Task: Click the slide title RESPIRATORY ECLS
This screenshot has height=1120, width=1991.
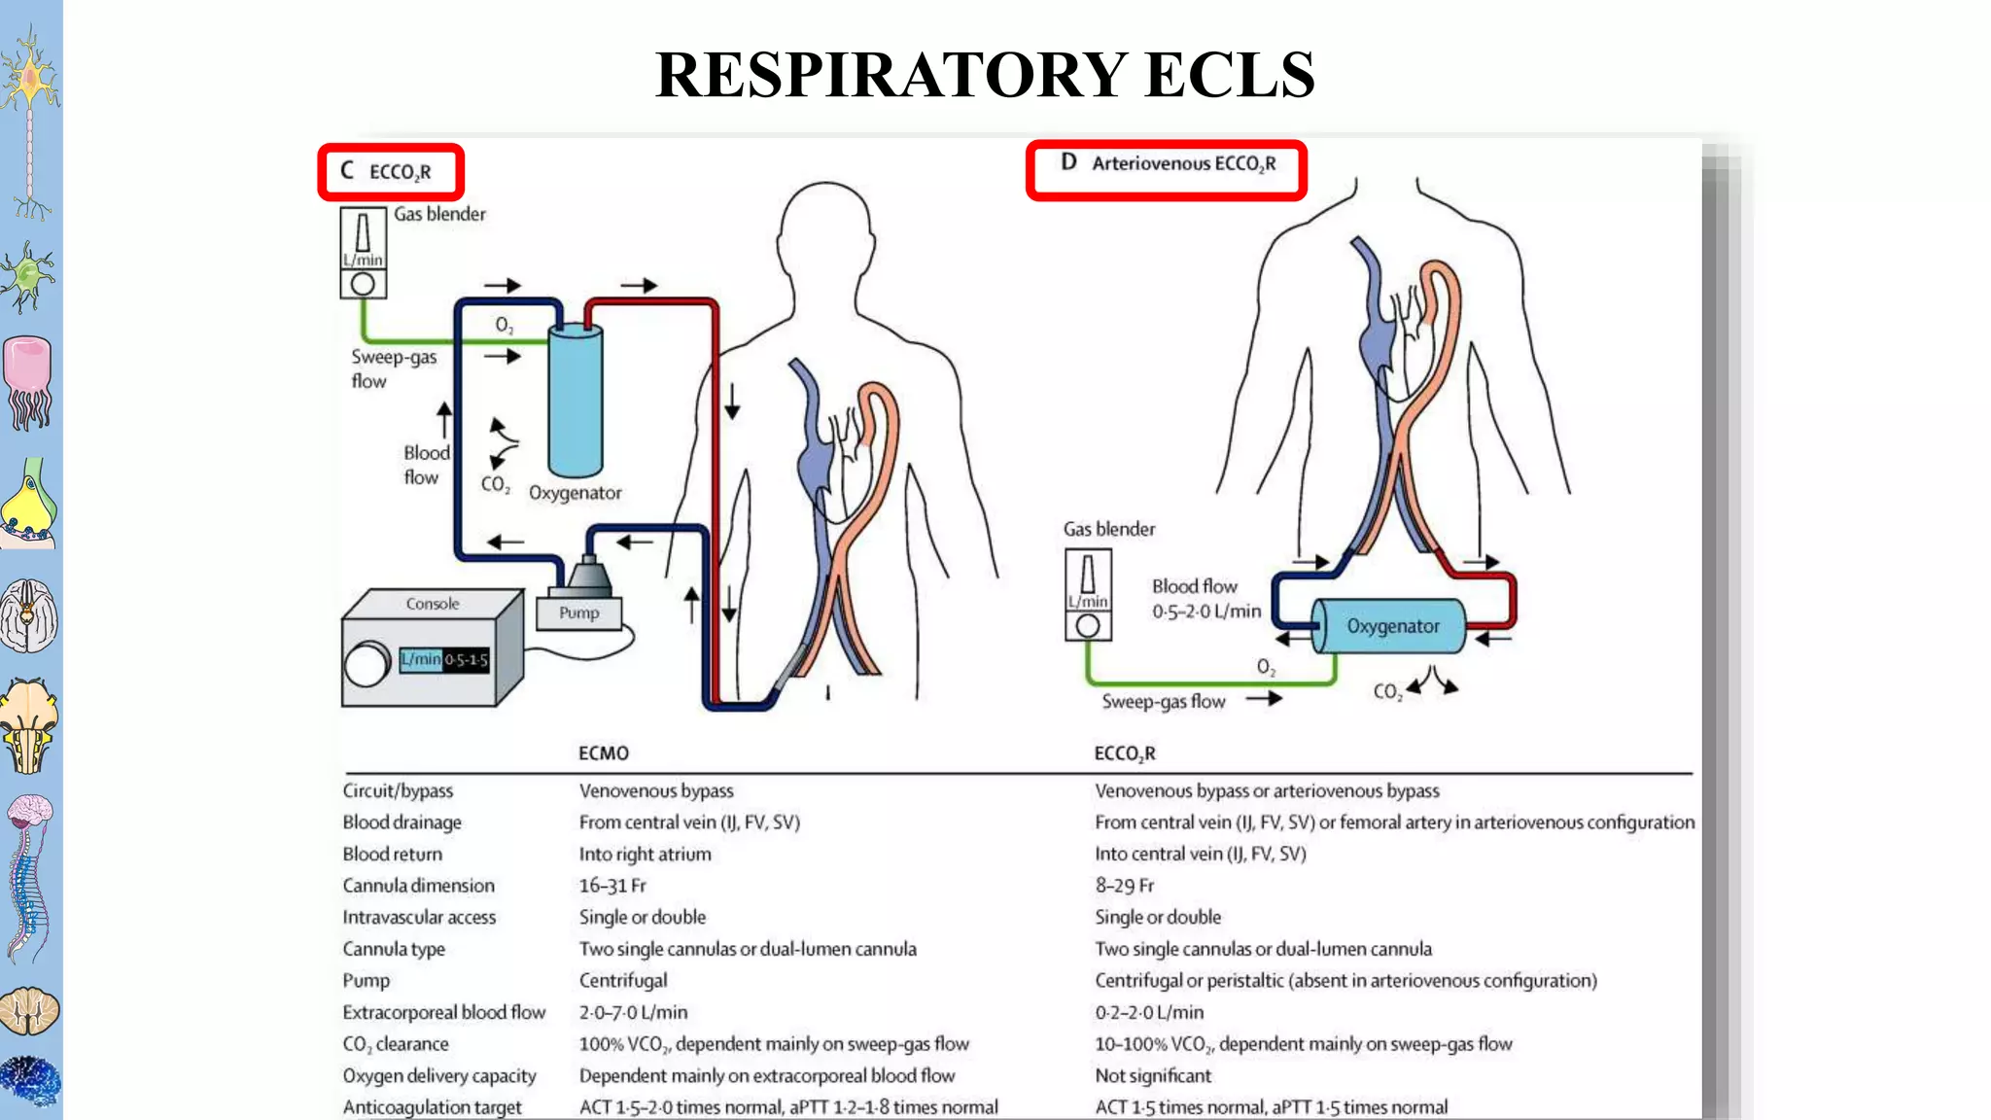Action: click(984, 76)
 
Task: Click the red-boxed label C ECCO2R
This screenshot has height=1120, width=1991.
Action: click(390, 172)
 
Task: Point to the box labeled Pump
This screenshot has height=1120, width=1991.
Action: click(578, 612)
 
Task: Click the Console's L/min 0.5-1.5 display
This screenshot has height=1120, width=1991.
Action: click(444, 659)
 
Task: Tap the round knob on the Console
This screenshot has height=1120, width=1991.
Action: click(367, 665)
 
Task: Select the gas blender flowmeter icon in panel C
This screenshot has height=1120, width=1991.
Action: click(363, 252)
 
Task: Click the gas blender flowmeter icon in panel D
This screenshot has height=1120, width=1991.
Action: click(1088, 594)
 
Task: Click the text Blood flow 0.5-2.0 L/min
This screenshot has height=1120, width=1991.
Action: click(1205, 599)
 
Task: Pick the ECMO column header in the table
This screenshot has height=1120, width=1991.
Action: click(604, 753)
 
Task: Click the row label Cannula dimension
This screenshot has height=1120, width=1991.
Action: click(418, 886)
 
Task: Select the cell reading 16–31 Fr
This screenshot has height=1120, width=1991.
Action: click(612, 886)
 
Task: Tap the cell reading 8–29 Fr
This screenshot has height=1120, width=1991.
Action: click(1124, 886)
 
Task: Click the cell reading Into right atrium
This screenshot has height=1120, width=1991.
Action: click(645, 854)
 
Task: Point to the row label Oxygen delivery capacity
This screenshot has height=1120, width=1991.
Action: click(438, 1075)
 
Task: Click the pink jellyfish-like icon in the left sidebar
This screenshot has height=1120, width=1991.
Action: click(28, 381)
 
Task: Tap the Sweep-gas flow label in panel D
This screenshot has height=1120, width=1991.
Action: click(1163, 701)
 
